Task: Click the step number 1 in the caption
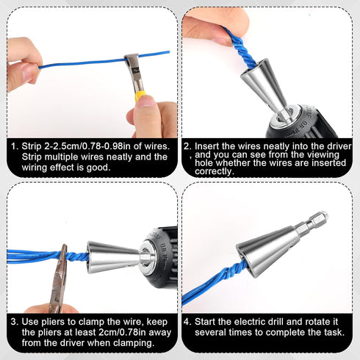[14, 145]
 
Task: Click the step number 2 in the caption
[187, 145]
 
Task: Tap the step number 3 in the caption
[14, 320]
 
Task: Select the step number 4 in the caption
[188, 320]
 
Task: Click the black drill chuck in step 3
[163, 256]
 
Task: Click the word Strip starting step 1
[34, 145]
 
